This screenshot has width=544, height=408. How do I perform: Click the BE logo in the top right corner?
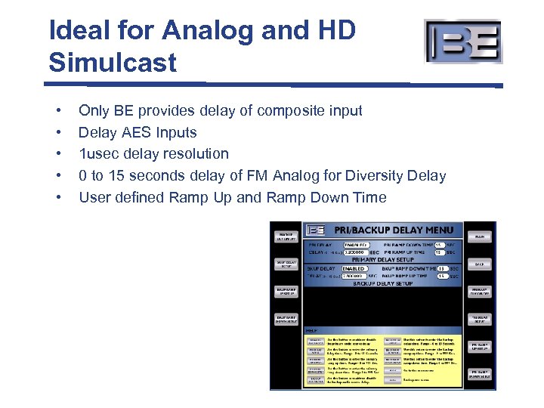[462, 42]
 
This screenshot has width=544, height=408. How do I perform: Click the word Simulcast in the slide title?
[113, 62]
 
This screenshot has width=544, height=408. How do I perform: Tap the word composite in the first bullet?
[290, 111]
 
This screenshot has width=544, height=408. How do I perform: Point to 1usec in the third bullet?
[100, 154]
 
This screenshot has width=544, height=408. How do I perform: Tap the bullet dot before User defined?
[57, 198]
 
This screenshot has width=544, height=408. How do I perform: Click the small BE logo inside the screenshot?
[316, 230]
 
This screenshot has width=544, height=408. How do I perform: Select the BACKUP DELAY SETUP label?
[383, 284]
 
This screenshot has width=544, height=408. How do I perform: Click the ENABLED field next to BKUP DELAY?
[354, 268]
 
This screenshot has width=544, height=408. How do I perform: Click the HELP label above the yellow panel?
[311, 330]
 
